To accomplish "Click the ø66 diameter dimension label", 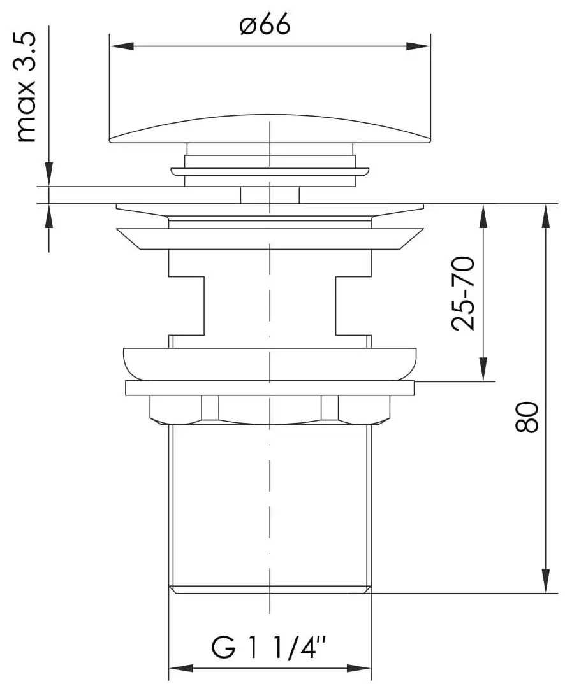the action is point(265,25).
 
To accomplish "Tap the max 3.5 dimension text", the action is point(26,87).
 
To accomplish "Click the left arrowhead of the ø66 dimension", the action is point(121,46).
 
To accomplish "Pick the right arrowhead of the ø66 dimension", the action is point(418,46).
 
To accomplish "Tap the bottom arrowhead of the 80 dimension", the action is point(546,581).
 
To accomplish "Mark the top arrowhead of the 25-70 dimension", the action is point(483,217).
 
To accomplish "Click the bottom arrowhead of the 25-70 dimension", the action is point(483,369).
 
